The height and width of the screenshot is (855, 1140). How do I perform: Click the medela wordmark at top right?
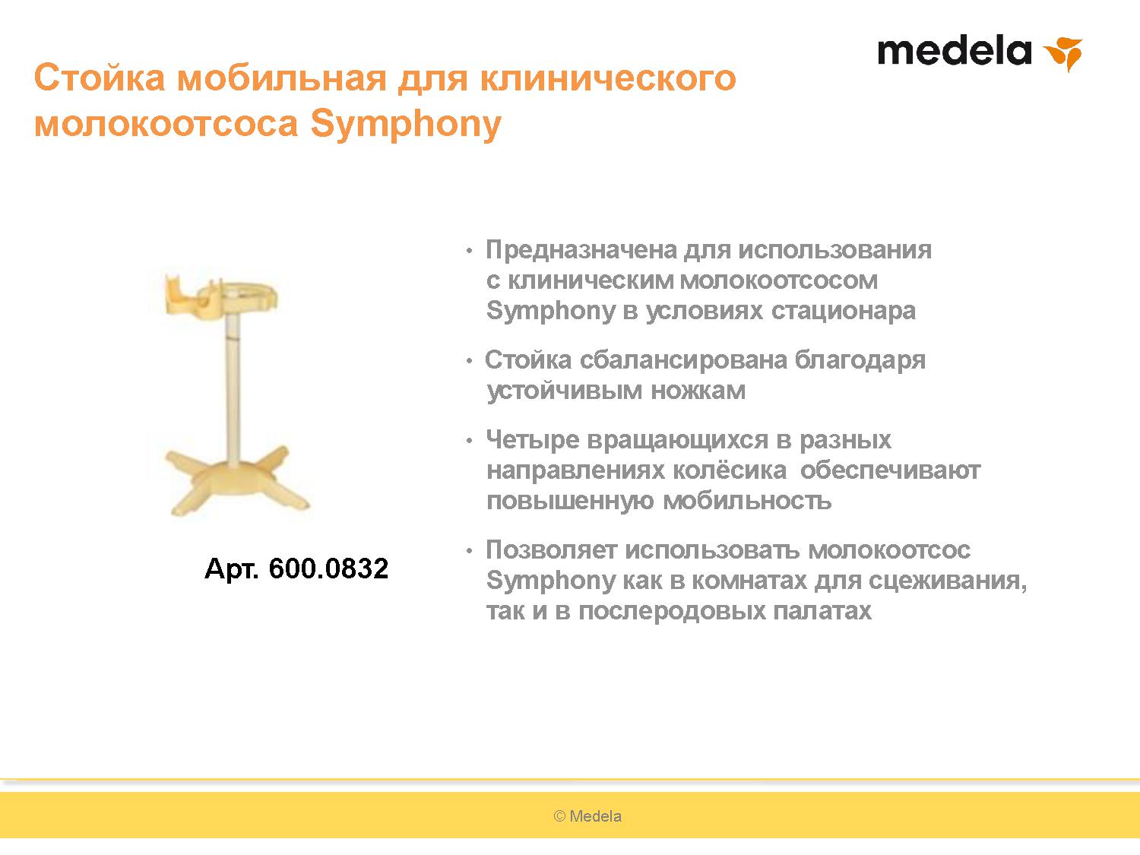954,51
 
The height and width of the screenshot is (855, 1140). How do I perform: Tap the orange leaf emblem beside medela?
1064,53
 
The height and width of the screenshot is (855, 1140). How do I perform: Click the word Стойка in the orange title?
100,78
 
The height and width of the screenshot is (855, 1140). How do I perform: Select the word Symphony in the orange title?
406,125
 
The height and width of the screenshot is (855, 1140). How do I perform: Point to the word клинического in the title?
608,78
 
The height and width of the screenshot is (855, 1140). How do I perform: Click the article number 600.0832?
328,568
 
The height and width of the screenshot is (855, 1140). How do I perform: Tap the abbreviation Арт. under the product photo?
232,568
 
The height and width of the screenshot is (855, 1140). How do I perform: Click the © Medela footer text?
587,816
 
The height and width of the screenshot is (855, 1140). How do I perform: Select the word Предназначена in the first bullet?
581,250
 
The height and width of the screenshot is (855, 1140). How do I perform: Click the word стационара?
843,311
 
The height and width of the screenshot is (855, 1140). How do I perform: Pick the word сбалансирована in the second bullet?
683,359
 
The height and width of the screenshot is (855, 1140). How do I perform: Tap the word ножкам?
698,391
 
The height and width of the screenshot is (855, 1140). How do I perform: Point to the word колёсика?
730,470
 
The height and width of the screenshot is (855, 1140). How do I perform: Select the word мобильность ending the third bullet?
747,501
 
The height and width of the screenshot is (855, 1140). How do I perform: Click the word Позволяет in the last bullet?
552,549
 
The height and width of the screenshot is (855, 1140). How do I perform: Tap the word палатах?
822,611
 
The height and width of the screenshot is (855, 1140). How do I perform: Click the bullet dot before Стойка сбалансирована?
469,360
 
